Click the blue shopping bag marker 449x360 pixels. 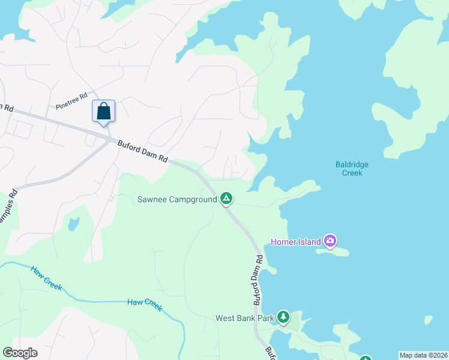[x=103, y=112]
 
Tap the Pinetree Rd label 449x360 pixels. [x=71, y=101]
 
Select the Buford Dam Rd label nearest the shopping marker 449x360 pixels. [x=142, y=151]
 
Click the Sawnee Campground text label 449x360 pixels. [x=177, y=199]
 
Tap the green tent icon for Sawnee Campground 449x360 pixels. [x=226, y=199]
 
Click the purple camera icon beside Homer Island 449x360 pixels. [x=330, y=241]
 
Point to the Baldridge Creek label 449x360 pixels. [x=352, y=169]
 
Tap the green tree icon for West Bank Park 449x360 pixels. [x=283, y=317]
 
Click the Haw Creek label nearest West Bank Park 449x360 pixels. [x=145, y=304]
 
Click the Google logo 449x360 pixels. [x=20, y=353]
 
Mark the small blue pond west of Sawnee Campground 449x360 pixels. [x=73, y=224]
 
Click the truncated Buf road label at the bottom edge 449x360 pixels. [x=271, y=353]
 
